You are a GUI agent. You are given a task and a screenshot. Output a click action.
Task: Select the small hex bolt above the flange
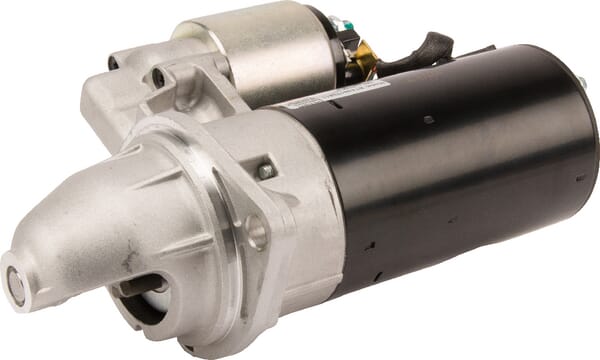click(266, 171)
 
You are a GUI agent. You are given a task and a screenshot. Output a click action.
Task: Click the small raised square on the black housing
click(427, 120)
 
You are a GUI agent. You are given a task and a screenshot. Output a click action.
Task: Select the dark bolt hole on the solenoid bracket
click(158, 77)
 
